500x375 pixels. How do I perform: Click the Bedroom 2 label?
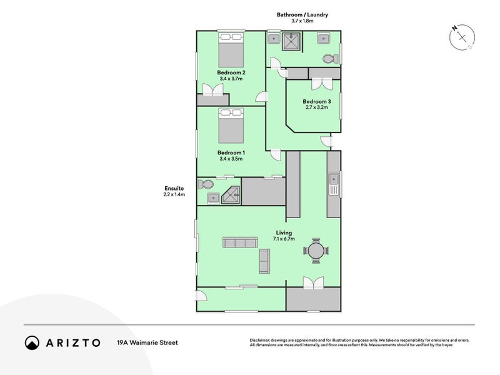[x=231, y=72]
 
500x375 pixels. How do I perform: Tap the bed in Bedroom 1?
[x=231, y=126]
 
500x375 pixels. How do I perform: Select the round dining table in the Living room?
[x=316, y=251]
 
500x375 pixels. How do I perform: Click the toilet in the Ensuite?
[x=206, y=184]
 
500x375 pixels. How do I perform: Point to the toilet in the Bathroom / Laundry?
[x=331, y=59]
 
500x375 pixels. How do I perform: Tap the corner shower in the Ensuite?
[x=230, y=195]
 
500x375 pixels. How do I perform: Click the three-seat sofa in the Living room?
[x=240, y=242]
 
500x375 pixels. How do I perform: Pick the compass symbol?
[x=462, y=37]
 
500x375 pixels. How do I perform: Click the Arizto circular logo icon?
[x=32, y=342]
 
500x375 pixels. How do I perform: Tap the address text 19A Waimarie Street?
[x=147, y=342]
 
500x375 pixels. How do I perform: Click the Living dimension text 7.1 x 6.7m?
[x=284, y=239]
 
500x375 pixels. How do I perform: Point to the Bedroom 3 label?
[x=317, y=101]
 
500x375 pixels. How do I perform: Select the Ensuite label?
[x=174, y=188]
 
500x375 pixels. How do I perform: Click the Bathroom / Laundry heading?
[x=302, y=14]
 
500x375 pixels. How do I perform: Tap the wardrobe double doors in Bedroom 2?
[x=212, y=89]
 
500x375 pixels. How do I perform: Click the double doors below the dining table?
[x=314, y=283]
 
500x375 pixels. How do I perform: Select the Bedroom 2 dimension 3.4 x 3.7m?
[x=231, y=79]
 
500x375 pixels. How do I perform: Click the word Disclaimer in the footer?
[x=259, y=340]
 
